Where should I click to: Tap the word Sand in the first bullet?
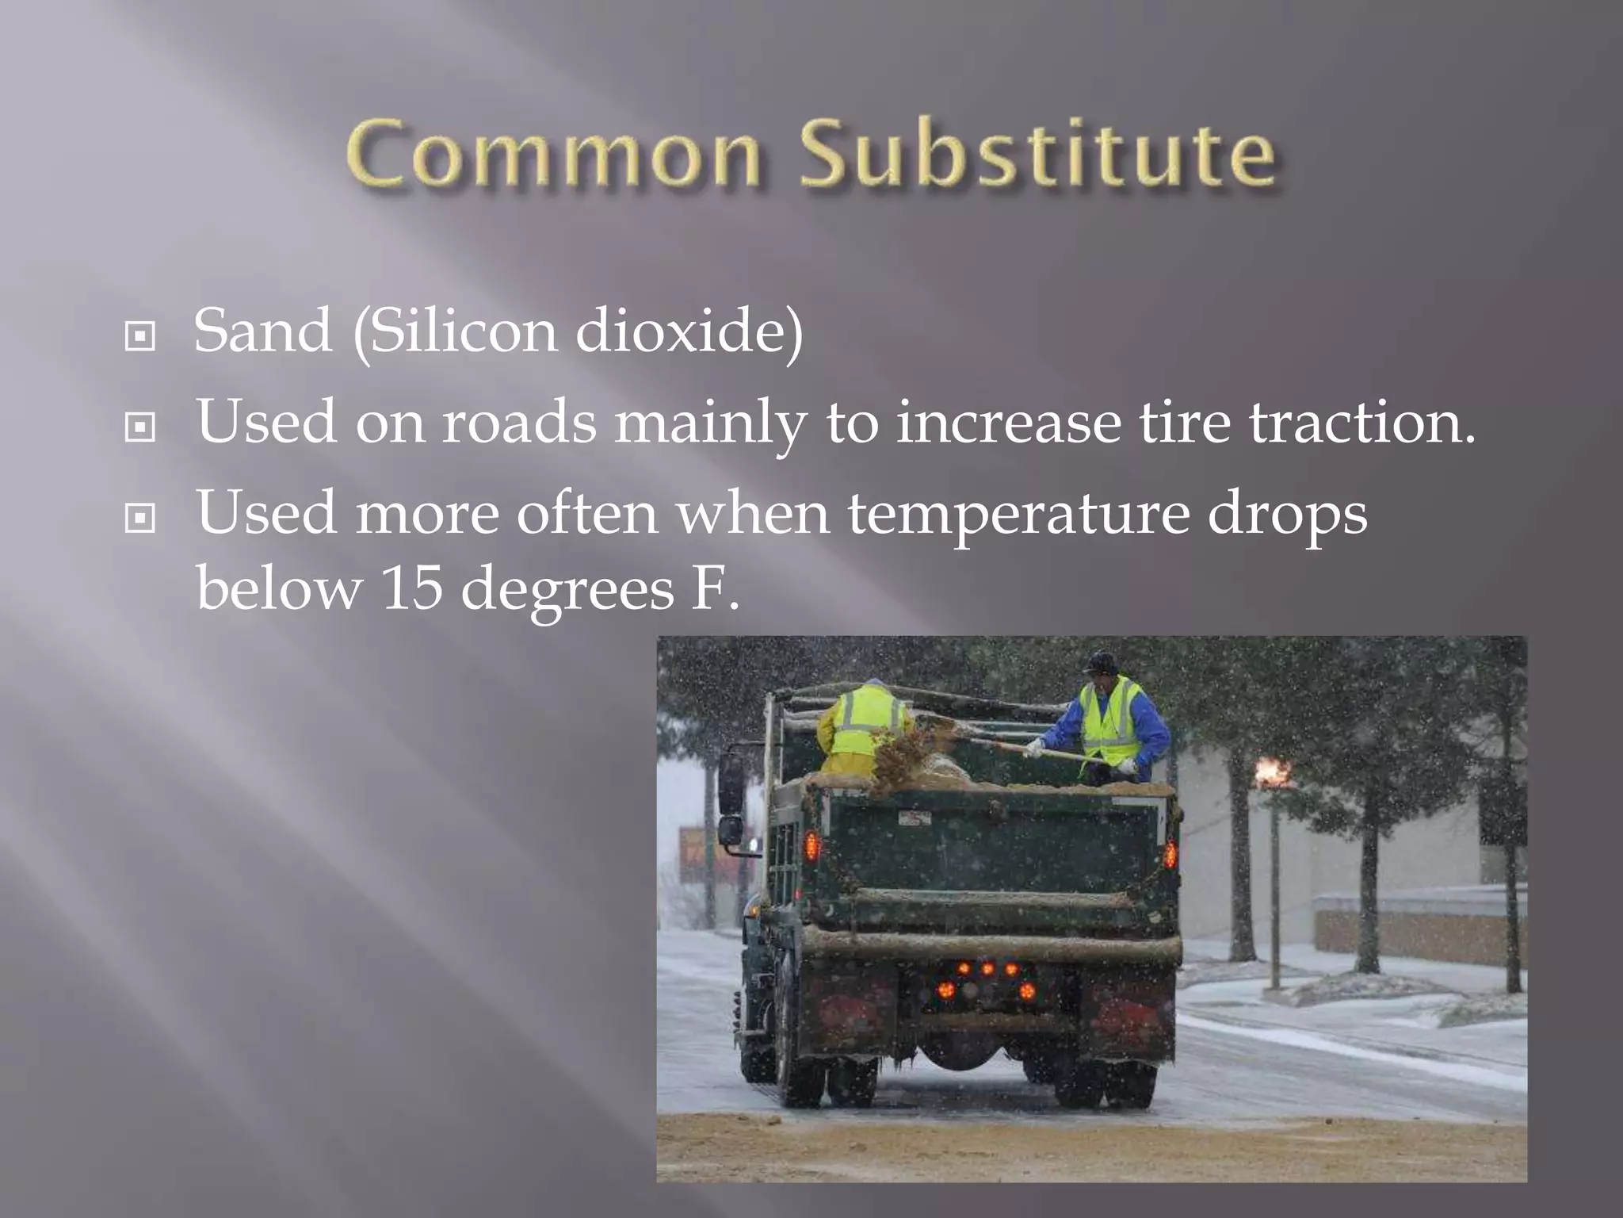(262, 331)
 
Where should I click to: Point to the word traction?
(1362, 422)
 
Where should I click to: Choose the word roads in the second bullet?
(519, 422)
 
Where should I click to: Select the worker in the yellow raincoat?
(864, 726)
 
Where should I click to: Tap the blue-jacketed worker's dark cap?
(1100, 663)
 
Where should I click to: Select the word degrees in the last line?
(567, 591)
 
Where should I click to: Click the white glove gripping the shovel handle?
(1033, 747)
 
